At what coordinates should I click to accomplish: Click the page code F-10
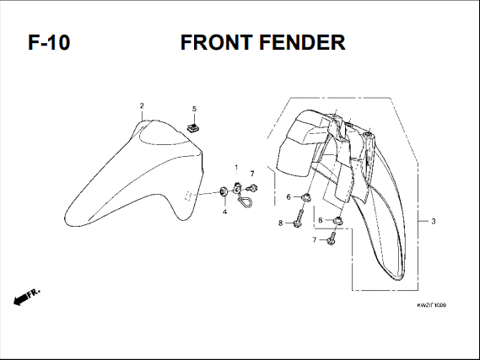pos(49,42)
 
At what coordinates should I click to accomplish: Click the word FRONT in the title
pos(217,42)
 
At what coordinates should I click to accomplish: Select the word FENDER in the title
pos(303,42)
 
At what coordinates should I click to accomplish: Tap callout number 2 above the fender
pos(142,106)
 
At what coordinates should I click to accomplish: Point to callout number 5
pos(194,109)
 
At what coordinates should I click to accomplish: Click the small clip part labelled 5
pos(193,128)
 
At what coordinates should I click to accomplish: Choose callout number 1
pos(236,168)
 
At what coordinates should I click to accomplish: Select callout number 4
pos(224,212)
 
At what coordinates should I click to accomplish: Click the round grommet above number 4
pos(224,191)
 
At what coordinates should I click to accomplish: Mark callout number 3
pos(433,221)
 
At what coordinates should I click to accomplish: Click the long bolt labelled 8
pos(298,218)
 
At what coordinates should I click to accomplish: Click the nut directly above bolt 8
pos(306,197)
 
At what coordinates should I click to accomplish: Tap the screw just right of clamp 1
pos(252,188)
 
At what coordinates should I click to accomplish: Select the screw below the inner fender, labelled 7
pos(331,238)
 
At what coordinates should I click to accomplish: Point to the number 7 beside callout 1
pos(252,174)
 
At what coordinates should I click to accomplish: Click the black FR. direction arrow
pos(20,298)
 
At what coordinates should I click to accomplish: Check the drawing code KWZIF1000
pos(431,305)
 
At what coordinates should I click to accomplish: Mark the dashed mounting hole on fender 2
pos(188,196)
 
